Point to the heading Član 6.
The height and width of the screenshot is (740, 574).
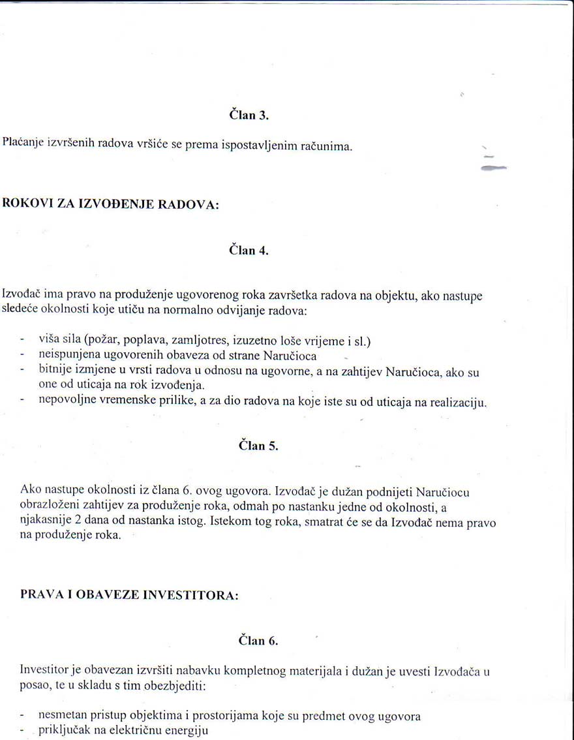coord(258,641)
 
